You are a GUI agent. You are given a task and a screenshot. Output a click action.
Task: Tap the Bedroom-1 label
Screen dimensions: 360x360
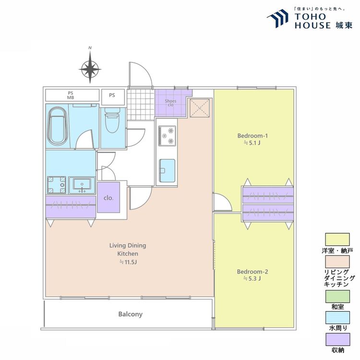pyautogui.click(x=252, y=136)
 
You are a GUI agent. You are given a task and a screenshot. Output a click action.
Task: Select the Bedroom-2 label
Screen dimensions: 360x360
pyautogui.click(x=252, y=272)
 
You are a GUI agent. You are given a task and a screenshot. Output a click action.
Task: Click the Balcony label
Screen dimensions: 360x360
pyautogui.click(x=130, y=314)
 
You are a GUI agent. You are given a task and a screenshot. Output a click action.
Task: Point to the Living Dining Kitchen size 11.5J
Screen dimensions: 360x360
pyautogui.click(x=128, y=262)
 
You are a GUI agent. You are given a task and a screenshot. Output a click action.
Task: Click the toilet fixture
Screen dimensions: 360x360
pyautogui.click(x=112, y=120)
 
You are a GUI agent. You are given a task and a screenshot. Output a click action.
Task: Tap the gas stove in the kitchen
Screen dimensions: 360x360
pyautogui.click(x=168, y=136)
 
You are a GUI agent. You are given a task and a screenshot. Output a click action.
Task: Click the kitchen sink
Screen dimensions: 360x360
pyautogui.click(x=167, y=170)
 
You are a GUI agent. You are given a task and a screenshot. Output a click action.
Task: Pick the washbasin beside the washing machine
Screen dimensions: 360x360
pyautogui.click(x=82, y=185)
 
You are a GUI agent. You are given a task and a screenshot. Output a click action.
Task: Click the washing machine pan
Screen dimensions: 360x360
pyautogui.click(x=57, y=185)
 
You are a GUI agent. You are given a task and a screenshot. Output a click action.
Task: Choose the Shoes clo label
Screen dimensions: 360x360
pyautogui.click(x=170, y=103)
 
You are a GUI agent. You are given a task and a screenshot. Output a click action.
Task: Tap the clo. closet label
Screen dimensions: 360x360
pyautogui.click(x=108, y=198)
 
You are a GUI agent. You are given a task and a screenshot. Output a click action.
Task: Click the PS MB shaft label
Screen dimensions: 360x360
pyautogui.click(x=71, y=96)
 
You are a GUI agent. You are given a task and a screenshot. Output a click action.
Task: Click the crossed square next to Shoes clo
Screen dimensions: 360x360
pyautogui.click(x=200, y=108)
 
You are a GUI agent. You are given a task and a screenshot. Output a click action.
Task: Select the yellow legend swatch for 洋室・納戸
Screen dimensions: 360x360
pyautogui.click(x=337, y=240)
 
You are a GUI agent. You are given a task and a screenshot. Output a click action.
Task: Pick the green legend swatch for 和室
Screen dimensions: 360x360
pyautogui.click(x=337, y=296)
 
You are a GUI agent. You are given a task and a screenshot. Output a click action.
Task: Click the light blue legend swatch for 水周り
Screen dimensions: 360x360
pyautogui.click(x=337, y=318)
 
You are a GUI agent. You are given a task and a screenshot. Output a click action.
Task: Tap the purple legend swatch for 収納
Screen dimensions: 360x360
pyautogui.click(x=338, y=339)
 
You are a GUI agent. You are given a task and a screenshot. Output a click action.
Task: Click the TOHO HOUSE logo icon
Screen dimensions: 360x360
pyautogui.click(x=277, y=18)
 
